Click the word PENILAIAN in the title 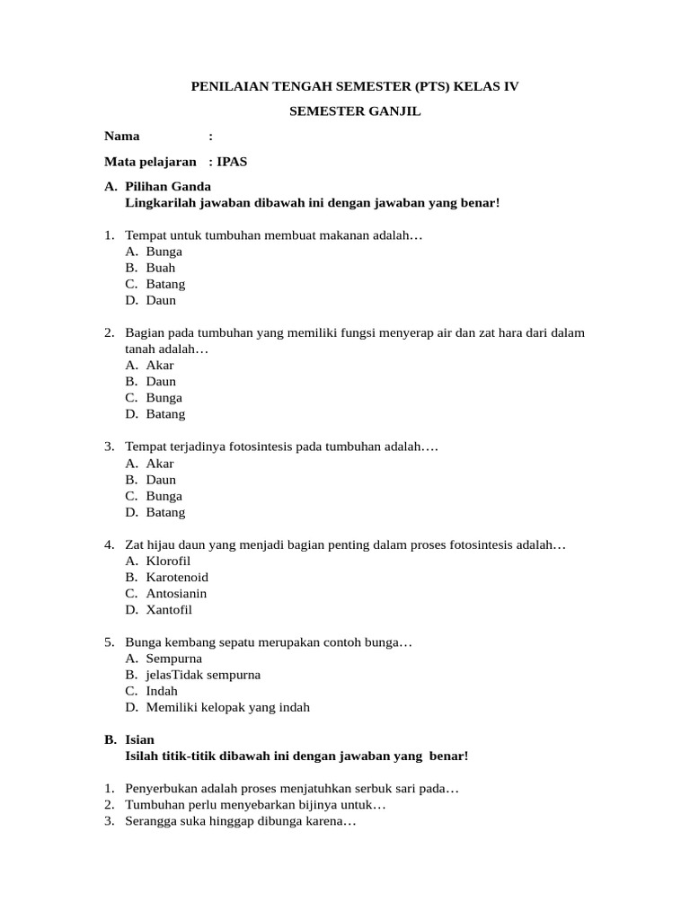(228, 87)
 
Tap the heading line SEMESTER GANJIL (355, 111)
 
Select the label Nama (122, 137)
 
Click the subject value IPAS (238, 162)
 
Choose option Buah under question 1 (161, 268)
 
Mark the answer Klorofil (168, 562)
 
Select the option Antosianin (176, 594)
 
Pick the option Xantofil (169, 610)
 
